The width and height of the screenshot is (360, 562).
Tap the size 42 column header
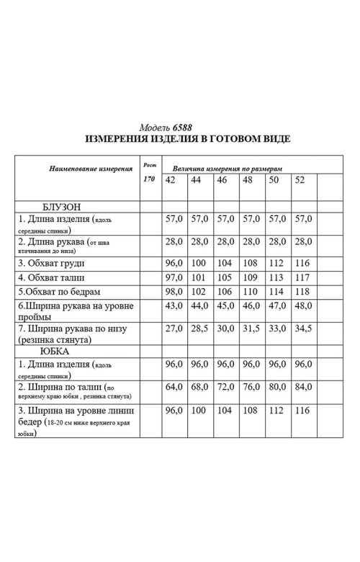[171, 179]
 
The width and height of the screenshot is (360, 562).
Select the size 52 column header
[300, 179]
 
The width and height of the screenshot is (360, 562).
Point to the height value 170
[149, 179]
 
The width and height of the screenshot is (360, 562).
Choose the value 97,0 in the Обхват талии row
[175, 278]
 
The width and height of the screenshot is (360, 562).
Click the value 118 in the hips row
[302, 292]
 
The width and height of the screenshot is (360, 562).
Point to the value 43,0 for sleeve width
[175, 306]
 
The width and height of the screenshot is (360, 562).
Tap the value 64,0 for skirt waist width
[175, 387]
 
